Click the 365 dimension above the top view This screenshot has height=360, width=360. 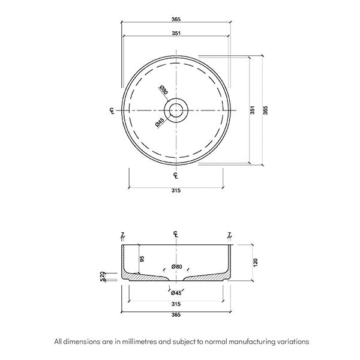pyautogui.click(x=176, y=19)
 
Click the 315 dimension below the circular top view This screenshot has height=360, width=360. pyautogui.click(x=176, y=191)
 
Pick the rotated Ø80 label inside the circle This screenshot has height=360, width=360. pyautogui.click(x=163, y=91)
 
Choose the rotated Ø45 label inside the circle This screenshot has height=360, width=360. pyautogui.click(x=160, y=122)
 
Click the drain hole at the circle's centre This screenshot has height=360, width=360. pyautogui.click(x=176, y=110)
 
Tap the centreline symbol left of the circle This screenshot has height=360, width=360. pyautogui.click(x=112, y=110)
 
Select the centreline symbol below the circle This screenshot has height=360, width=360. pyautogui.click(x=175, y=175)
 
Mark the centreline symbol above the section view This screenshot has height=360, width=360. pyautogui.click(x=175, y=233)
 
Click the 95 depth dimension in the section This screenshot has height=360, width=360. pyautogui.click(x=142, y=259)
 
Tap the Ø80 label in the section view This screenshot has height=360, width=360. pyautogui.click(x=176, y=266)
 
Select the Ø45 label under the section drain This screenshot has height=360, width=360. pyautogui.click(x=176, y=293)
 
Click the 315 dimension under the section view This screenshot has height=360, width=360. pyautogui.click(x=176, y=303)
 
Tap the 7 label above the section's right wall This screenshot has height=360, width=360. pyautogui.click(x=230, y=234)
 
